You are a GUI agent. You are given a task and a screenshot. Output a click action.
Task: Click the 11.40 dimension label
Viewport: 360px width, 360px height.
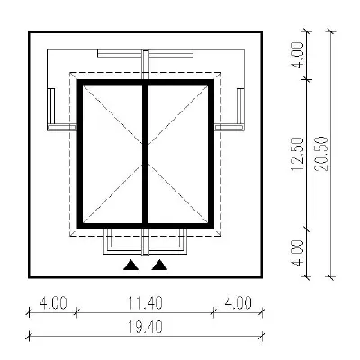coord(145,303)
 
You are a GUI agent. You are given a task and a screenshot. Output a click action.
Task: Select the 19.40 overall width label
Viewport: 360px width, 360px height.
coord(145,327)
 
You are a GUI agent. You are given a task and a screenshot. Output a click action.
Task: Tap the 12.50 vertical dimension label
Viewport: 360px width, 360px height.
coord(298,154)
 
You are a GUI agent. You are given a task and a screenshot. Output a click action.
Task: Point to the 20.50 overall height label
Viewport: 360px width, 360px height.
coord(321,154)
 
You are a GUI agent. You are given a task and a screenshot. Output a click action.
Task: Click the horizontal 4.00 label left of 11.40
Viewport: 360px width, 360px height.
coord(53,303)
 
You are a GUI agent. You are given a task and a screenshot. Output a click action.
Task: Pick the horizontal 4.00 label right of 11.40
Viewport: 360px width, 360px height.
coord(238,303)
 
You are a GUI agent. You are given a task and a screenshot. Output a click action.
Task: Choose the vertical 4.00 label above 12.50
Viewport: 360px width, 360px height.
coord(298,55)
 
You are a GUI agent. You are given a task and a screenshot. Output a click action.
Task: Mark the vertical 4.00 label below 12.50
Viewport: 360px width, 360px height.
coord(298,253)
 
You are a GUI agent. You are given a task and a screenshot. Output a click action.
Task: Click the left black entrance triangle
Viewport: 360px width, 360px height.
coord(131,265)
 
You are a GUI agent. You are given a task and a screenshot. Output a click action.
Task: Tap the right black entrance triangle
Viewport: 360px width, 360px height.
coord(159,265)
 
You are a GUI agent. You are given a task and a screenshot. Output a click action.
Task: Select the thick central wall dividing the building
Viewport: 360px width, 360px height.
coord(146,154)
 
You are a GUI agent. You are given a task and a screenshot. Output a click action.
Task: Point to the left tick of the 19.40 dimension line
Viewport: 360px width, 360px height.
coord(29,336)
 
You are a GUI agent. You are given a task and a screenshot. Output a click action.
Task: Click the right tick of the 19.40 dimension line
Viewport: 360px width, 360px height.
coord(262,336)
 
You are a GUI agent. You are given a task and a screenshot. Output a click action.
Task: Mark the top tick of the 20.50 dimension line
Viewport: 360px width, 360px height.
coord(331,31)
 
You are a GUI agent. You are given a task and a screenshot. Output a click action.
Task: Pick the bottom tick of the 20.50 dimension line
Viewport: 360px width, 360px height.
coord(331,277)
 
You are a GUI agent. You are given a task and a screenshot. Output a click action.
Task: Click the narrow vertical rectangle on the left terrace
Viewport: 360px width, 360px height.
coord(51,106)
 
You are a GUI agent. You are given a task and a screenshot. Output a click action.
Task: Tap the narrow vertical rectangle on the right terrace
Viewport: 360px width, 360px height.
coord(240,106)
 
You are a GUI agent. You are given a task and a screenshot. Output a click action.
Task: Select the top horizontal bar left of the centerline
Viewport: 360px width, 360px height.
coord(120,54)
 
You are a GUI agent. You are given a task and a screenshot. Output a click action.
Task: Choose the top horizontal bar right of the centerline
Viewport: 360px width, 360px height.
coord(171,54)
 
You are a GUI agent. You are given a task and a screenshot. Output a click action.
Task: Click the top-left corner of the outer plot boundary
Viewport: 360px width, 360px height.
coord(29,31)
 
